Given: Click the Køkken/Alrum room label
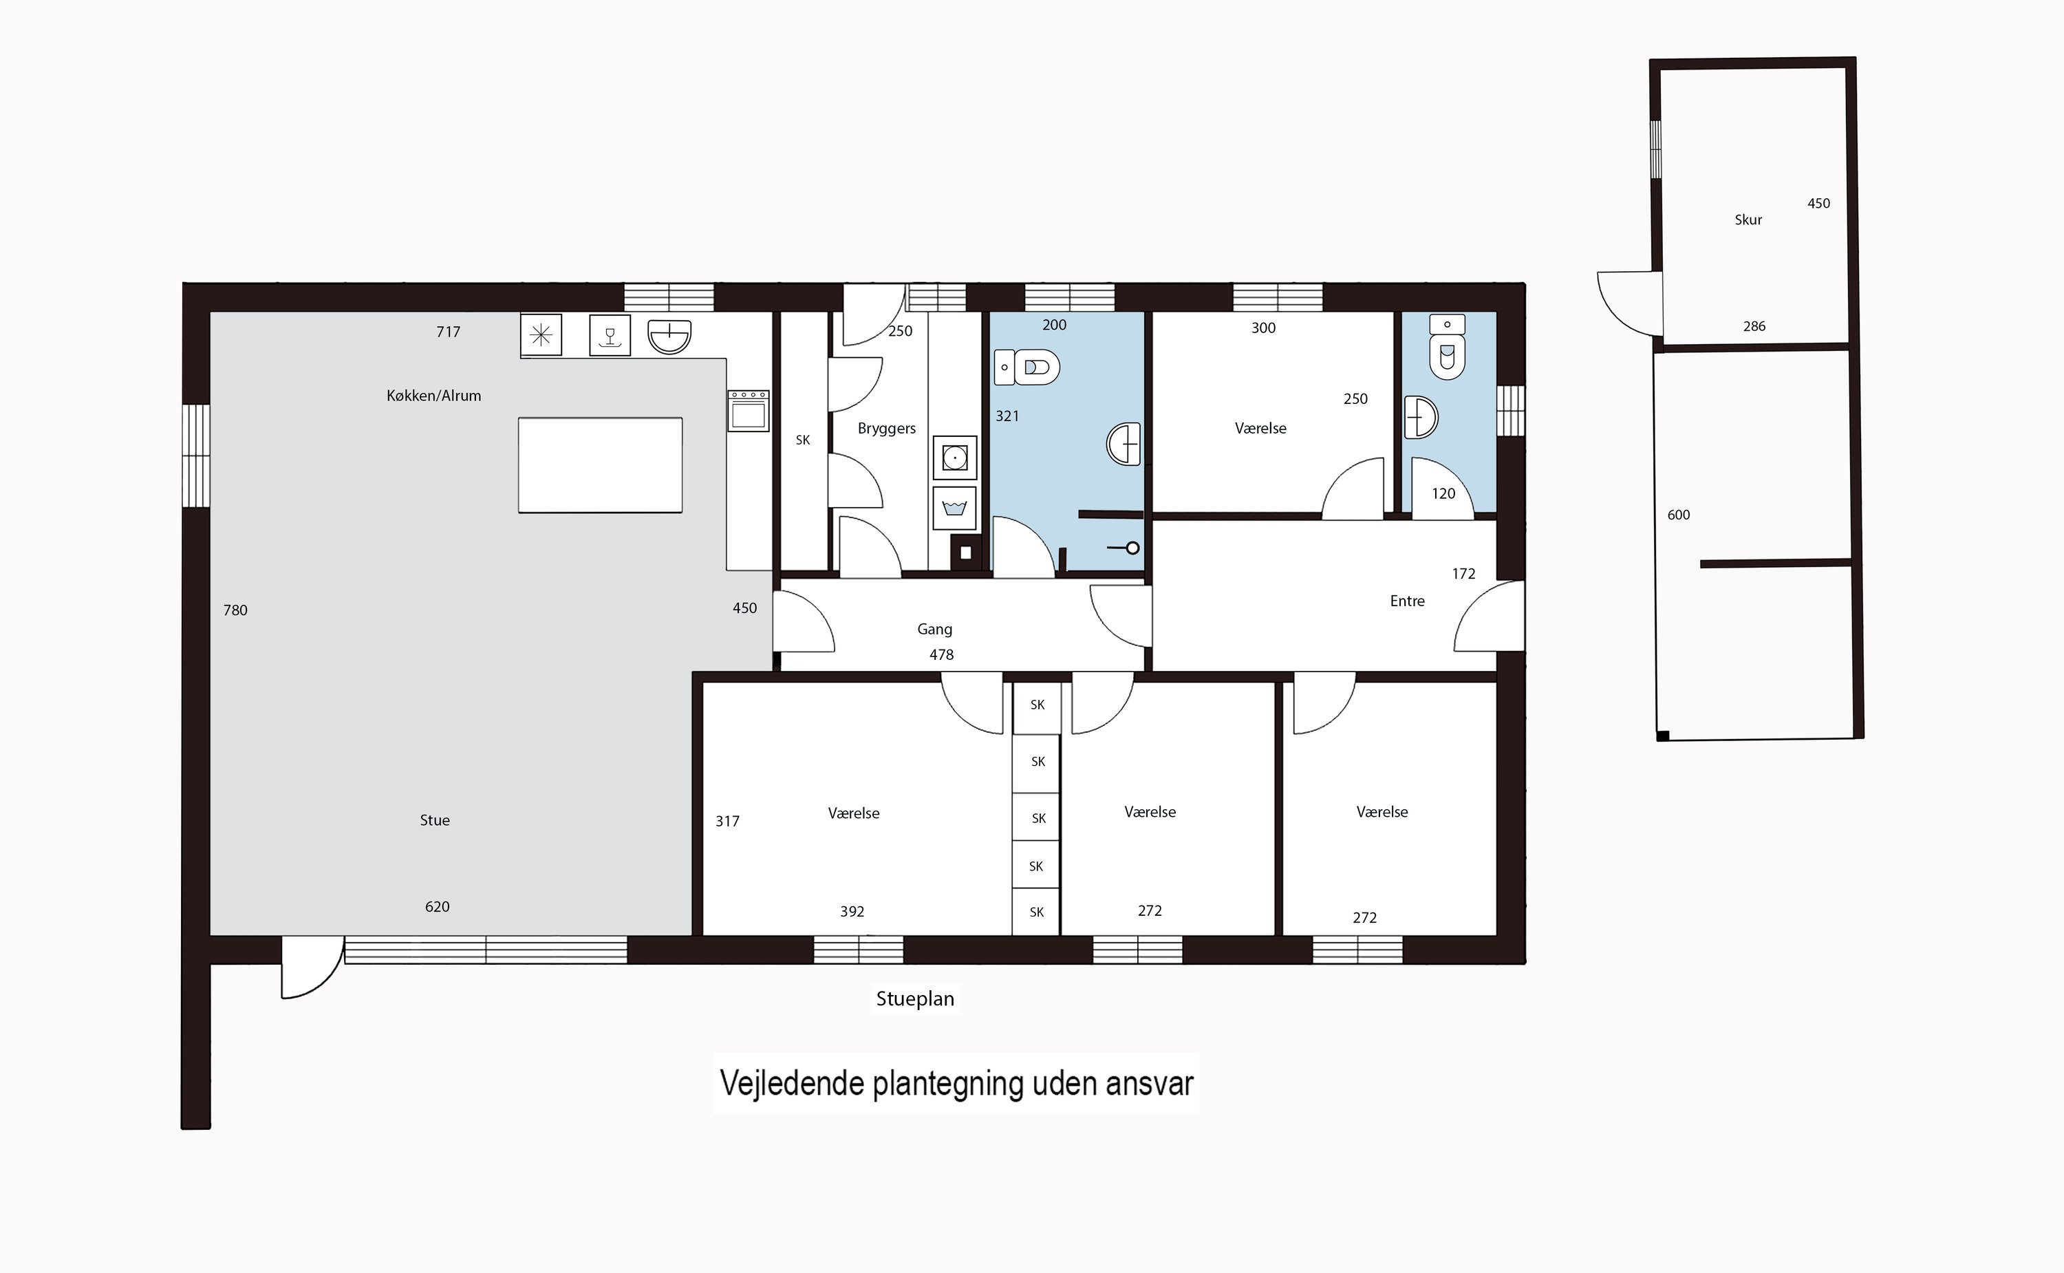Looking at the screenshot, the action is tap(433, 396).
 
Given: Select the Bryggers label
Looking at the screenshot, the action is tap(886, 429).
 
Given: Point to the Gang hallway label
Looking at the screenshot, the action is tap(934, 629).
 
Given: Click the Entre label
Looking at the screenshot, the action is tap(1408, 601).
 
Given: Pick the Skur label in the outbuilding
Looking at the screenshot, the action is tap(1748, 220).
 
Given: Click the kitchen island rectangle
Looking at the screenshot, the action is tap(600, 464).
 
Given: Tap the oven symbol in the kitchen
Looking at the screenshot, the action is tap(749, 410).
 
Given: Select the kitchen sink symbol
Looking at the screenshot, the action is tap(669, 336).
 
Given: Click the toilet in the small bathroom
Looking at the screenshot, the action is tap(1447, 347).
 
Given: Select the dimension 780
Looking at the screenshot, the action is tap(236, 610).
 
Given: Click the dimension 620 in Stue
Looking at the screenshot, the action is tap(437, 907).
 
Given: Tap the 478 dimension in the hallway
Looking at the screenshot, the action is tap(941, 655).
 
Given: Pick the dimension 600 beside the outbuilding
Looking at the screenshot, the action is tap(1679, 515).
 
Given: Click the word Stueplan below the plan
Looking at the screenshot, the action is tap(915, 999).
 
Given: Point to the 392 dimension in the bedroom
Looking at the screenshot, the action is tap(852, 912).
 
